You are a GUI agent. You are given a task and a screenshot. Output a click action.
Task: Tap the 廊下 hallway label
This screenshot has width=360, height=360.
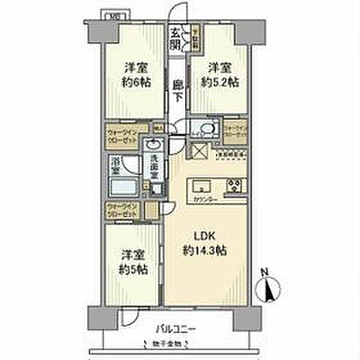point(178,91)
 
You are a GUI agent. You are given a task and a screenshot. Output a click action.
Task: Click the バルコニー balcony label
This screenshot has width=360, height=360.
point(178,328)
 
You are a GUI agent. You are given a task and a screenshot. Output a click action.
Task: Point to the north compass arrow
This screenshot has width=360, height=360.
point(271,288)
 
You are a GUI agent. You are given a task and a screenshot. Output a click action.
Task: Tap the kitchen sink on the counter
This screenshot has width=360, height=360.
point(202,185)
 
